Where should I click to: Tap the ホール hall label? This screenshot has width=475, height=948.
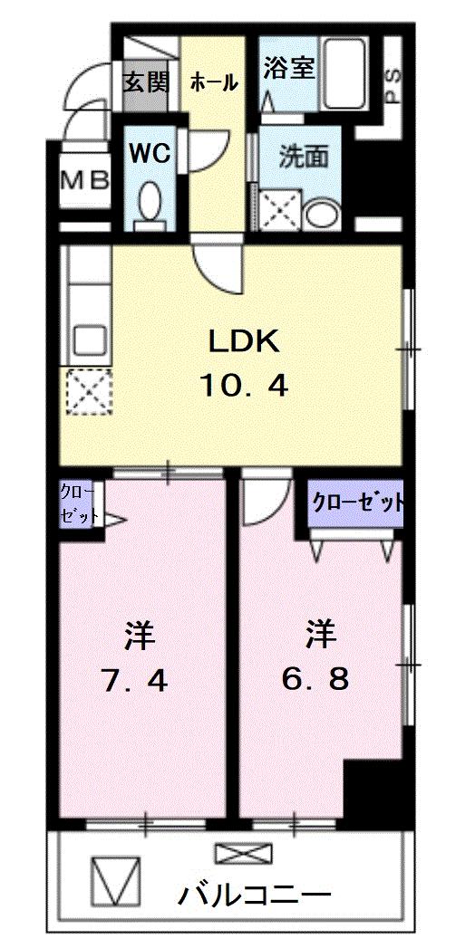[x=214, y=82]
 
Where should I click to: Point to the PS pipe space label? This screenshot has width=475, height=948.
[x=393, y=83]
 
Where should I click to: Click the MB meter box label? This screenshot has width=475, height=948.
[x=84, y=179]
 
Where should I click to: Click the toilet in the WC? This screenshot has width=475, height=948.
[x=150, y=201]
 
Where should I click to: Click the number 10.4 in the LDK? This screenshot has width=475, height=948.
[x=244, y=387]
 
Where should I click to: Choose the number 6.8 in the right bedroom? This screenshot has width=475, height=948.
[x=315, y=678]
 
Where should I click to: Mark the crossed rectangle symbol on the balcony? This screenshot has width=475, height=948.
[x=243, y=854]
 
